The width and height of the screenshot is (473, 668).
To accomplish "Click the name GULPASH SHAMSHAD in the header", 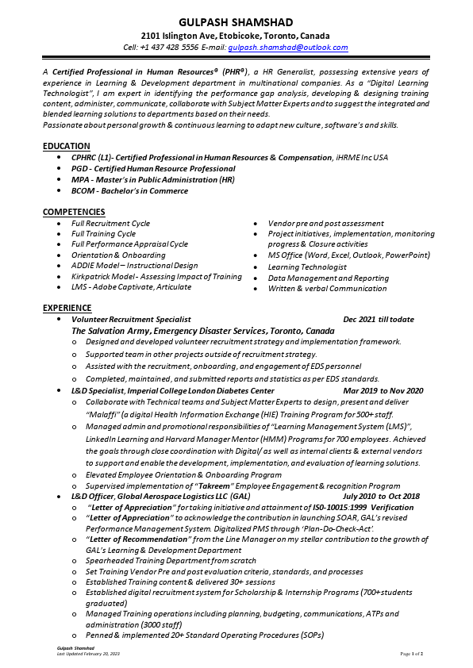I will click(236, 21).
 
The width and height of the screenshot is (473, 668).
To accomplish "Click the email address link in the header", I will click(287, 48).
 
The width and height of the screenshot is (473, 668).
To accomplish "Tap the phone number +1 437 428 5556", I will click(169, 48).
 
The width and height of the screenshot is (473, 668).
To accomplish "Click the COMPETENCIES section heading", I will click(74, 212).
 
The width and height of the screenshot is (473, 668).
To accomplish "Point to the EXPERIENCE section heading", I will click(67, 307).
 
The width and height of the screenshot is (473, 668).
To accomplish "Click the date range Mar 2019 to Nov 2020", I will click(383, 391).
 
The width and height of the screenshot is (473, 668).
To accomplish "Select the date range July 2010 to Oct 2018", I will click(381, 497).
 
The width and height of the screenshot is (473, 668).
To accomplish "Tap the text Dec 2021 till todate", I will click(379, 320).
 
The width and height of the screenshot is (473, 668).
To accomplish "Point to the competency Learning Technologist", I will click(307, 267).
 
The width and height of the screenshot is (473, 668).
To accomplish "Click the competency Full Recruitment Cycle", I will click(110, 224).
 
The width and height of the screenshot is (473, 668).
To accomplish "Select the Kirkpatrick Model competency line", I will click(156, 277).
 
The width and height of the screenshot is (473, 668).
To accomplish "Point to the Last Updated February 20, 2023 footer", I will click(88, 654).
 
